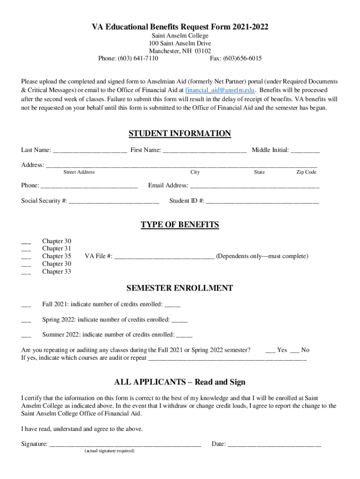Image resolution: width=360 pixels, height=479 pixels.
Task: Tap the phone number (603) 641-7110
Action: pos(139,58)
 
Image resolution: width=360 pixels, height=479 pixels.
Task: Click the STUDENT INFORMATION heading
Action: pos(180,134)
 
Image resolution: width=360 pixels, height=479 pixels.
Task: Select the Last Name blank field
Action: pos(90,151)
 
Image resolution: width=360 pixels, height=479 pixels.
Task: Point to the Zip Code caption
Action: pos(306,172)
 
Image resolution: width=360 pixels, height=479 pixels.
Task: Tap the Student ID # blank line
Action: pos(262,202)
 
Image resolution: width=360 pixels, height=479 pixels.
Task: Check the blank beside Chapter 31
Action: pos(26,249)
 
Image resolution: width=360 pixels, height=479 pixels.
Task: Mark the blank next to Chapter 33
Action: pos(26,272)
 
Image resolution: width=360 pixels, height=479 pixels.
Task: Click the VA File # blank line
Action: pos(164,257)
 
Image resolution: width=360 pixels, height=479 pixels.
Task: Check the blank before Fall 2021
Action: pos(26,305)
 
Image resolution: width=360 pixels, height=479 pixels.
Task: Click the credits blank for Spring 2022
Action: pos(180,321)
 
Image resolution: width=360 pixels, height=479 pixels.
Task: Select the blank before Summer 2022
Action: pos(26,335)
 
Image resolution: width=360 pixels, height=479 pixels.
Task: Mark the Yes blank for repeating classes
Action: pos(270,351)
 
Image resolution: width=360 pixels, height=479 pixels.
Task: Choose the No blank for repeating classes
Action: pos(295,351)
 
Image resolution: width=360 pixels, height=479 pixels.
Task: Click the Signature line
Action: pos(125,445)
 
